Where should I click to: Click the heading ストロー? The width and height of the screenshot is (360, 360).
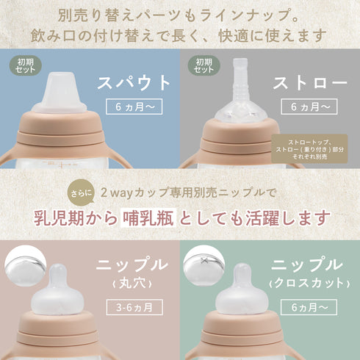[x=309, y=83]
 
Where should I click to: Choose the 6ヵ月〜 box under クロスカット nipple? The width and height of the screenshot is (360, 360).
[x=306, y=307]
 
